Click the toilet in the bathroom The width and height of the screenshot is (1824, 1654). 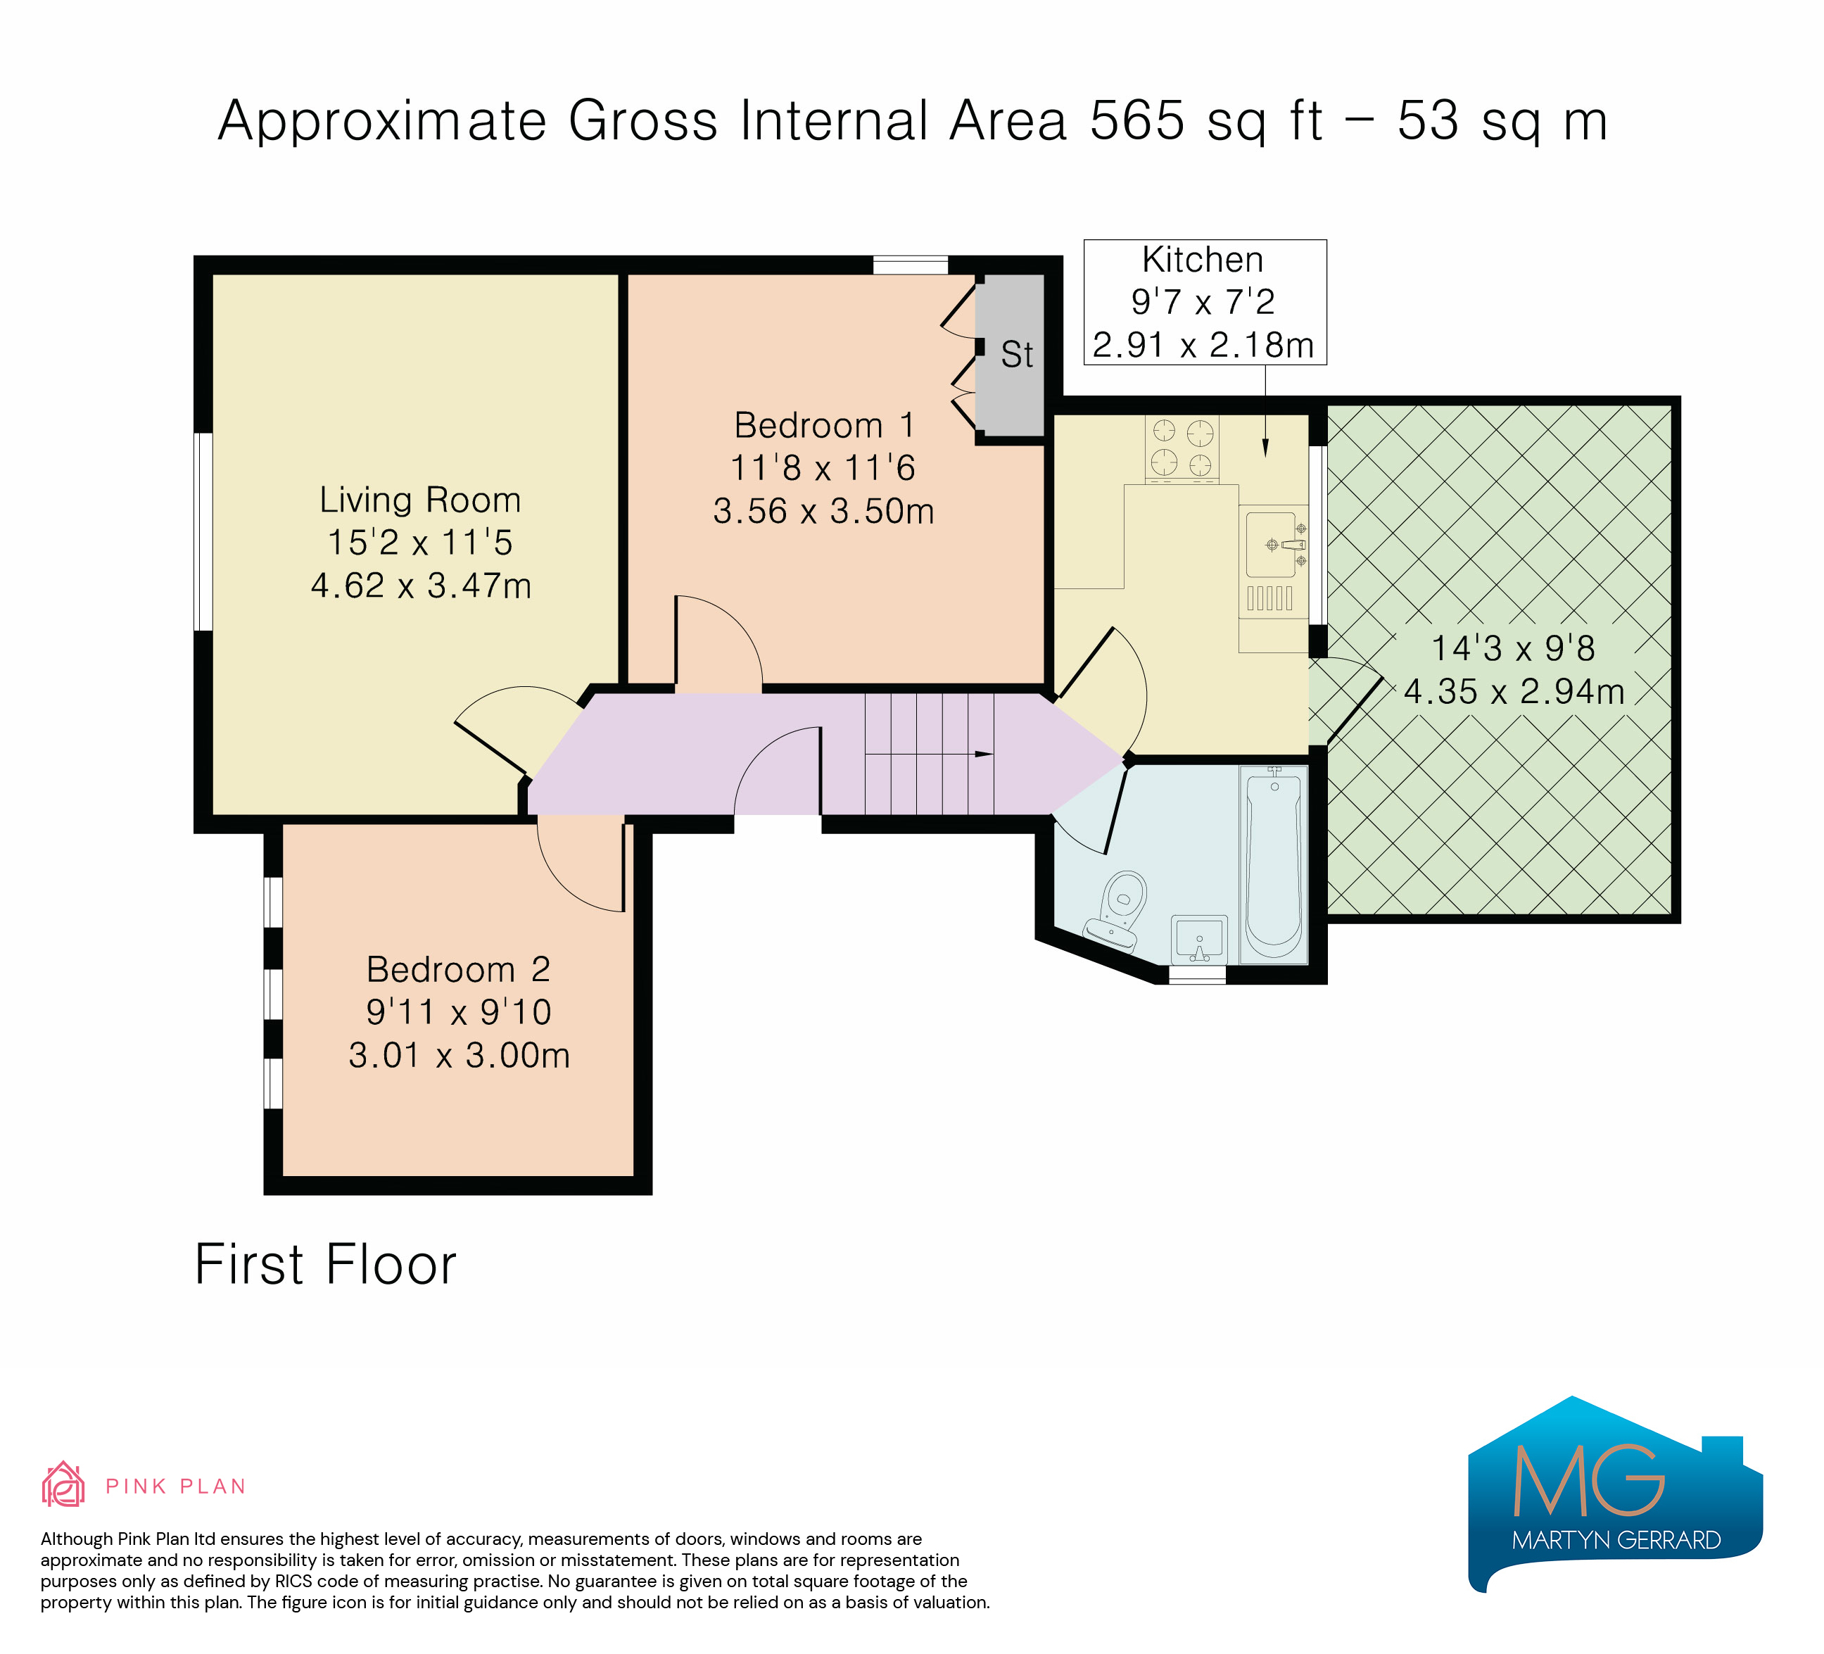[1117, 910]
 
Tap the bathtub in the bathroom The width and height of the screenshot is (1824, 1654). [1274, 864]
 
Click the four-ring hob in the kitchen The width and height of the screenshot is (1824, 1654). [1182, 448]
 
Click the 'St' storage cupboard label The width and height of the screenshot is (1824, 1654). [1017, 355]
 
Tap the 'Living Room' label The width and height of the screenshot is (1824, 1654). [421, 500]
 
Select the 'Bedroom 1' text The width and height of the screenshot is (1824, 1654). [824, 425]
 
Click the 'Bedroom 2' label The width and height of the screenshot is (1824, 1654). [459, 970]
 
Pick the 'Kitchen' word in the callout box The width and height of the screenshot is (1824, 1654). [1203, 260]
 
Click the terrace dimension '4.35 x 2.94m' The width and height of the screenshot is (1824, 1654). [1514, 692]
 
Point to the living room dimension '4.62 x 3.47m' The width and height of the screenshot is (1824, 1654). [421, 586]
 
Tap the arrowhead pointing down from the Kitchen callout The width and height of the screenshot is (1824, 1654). [1265, 448]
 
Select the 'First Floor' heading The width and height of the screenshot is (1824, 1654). [326, 1264]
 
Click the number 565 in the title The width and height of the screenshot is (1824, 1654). [1137, 120]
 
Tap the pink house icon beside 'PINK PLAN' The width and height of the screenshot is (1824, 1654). [63, 1485]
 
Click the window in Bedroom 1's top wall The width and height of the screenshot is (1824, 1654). [910, 265]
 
